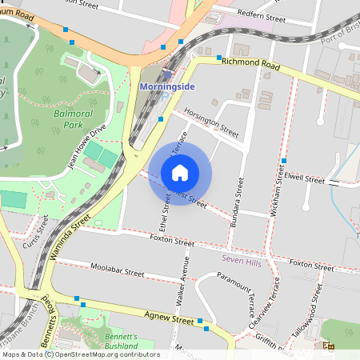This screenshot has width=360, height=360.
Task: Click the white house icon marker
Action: pyautogui.click(x=180, y=172)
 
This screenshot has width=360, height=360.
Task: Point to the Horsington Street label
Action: pyautogui.click(x=212, y=121)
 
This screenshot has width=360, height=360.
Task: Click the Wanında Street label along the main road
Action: pyautogui.click(x=73, y=235)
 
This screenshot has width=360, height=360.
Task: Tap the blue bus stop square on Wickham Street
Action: pyautogui.click(x=284, y=162)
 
